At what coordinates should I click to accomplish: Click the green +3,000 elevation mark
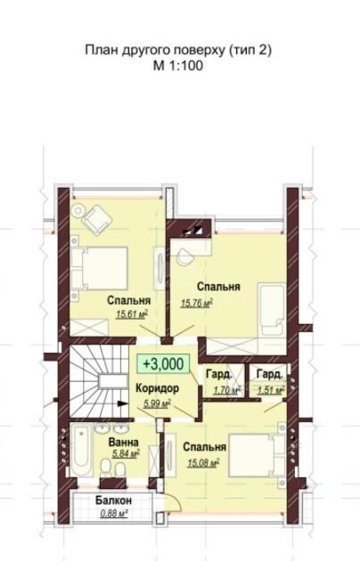[x=164, y=364]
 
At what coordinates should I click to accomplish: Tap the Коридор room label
[x=157, y=388]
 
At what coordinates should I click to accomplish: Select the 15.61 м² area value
[x=132, y=314]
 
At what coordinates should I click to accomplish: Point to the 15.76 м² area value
[x=197, y=304]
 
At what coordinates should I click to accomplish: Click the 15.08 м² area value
[x=203, y=463]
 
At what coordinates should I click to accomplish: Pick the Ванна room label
[x=124, y=443]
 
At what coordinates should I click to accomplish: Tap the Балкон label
[x=113, y=500]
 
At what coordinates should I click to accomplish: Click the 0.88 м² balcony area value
[x=114, y=514]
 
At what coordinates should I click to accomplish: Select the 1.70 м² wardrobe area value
[x=227, y=390]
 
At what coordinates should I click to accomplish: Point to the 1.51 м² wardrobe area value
[x=271, y=390]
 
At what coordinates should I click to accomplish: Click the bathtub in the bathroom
[x=82, y=451]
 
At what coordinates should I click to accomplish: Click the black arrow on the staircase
[x=123, y=403]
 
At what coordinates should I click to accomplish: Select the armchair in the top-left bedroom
[x=96, y=220]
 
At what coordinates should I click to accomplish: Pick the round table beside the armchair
[x=78, y=210]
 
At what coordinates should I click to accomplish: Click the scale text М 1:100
[x=178, y=66]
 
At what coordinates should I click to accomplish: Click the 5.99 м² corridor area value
[x=157, y=404]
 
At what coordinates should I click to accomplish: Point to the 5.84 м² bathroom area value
[x=126, y=454]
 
